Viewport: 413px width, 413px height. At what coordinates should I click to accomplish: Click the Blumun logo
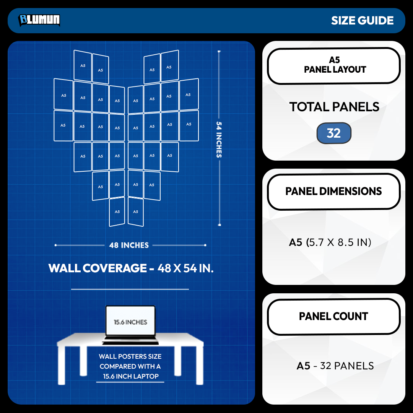click(x=39, y=20)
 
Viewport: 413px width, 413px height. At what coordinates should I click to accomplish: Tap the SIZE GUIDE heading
click(x=362, y=21)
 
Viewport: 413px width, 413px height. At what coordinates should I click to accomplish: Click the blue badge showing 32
click(x=334, y=133)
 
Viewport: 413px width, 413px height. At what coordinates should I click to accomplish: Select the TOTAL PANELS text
click(x=334, y=107)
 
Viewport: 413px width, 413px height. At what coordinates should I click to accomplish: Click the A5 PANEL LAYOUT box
click(x=334, y=66)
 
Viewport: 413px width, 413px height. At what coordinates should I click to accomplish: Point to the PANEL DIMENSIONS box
click(x=334, y=192)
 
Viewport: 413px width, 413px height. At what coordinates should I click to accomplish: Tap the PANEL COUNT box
click(x=334, y=317)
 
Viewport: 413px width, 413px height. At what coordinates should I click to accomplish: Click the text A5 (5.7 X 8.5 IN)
click(x=330, y=242)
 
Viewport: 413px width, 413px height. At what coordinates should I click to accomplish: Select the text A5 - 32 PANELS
click(x=335, y=366)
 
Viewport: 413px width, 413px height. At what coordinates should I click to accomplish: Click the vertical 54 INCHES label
click(x=219, y=140)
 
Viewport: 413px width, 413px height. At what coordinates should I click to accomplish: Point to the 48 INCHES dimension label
click(x=129, y=245)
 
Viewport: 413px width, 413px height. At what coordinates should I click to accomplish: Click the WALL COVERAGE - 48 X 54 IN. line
click(x=131, y=268)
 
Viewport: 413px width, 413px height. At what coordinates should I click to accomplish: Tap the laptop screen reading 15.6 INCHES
click(x=130, y=321)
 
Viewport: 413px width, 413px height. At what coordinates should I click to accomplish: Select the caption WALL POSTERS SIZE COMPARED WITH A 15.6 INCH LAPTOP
click(x=130, y=366)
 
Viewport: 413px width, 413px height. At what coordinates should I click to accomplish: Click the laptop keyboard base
click(x=130, y=340)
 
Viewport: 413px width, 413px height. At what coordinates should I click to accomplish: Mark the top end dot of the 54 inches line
click(x=219, y=52)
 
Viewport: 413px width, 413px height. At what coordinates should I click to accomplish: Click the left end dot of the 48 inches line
click(x=55, y=245)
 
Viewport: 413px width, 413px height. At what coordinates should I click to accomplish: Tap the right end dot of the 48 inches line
click(x=205, y=245)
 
